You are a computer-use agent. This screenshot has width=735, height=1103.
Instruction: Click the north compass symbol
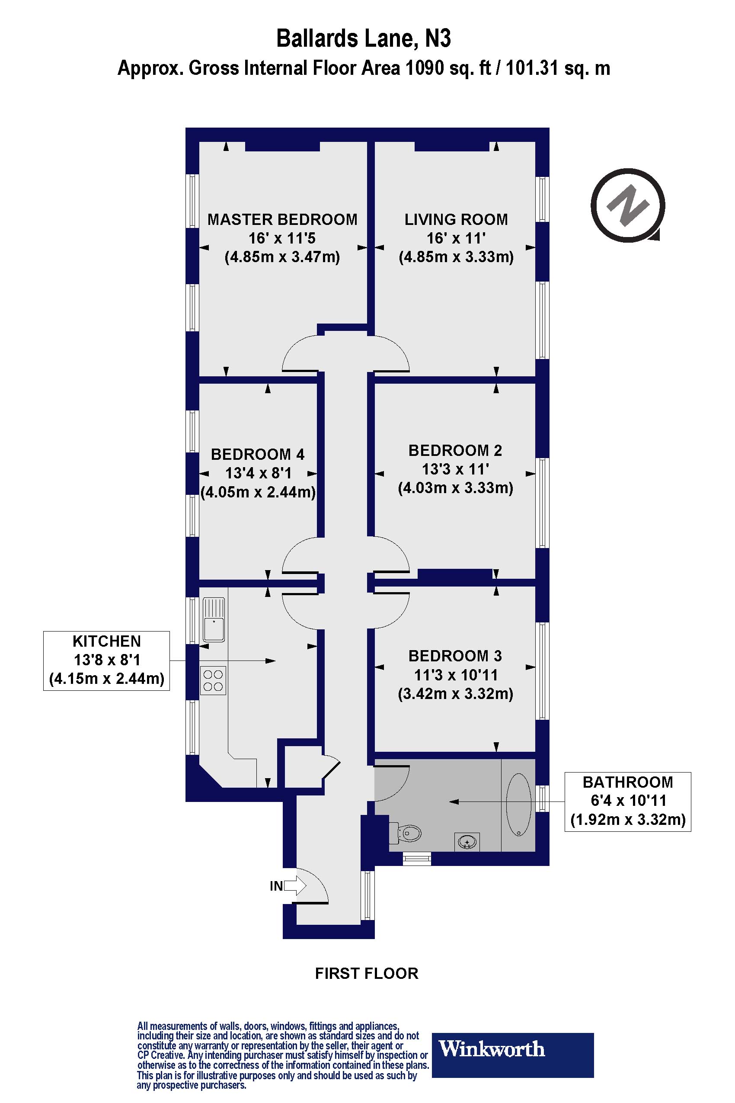628,205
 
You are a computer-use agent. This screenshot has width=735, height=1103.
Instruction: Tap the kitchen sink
213,619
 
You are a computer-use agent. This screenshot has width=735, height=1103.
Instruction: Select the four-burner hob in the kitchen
213,680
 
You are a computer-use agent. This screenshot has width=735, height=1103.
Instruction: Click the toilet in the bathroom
407,834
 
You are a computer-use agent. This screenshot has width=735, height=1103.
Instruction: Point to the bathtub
518,804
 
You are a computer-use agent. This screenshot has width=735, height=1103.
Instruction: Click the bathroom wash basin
467,842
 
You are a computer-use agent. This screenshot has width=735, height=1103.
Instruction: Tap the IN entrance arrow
295,886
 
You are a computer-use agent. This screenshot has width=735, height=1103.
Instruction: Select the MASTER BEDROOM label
282,219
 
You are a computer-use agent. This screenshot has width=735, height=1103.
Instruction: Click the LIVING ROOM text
456,219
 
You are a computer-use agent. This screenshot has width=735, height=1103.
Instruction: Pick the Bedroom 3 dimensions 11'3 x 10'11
456,675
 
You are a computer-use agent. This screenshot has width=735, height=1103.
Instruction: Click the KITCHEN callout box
106,661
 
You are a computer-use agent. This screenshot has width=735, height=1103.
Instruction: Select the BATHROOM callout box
628,801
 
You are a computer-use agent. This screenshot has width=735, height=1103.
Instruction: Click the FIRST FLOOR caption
367,973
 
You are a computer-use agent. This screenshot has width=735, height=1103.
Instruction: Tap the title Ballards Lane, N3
363,38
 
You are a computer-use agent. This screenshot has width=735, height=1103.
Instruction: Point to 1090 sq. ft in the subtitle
447,68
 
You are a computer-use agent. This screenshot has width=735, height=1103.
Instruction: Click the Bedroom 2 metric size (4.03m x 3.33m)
456,488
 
